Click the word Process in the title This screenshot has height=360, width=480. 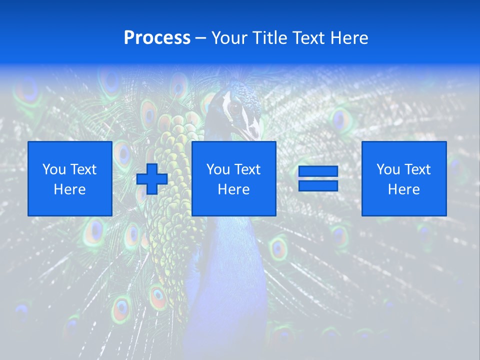[x=157, y=38]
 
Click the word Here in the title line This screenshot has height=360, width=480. [x=350, y=38]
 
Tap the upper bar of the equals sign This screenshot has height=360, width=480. [x=318, y=171]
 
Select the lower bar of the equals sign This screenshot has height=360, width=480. [x=318, y=185]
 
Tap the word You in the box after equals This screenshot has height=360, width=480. [x=388, y=169]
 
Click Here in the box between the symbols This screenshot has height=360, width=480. [x=233, y=189]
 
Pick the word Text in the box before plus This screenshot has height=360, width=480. [x=83, y=169]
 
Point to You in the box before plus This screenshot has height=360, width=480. [x=54, y=169]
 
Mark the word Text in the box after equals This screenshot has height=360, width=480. [x=417, y=169]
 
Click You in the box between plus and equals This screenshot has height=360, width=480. [x=218, y=169]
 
